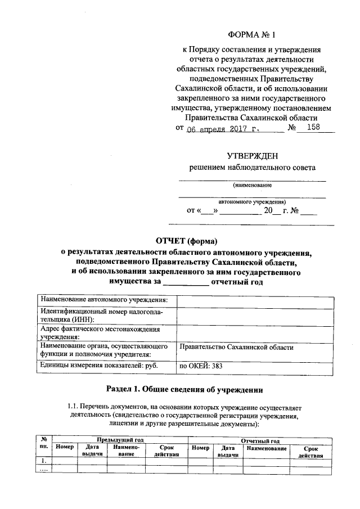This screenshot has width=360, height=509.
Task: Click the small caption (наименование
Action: click(252, 184)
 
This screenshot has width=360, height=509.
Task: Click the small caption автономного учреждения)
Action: click(252, 201)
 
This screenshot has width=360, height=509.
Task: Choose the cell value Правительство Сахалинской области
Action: click(236, 348)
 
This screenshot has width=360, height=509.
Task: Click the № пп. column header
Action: click(43, 444)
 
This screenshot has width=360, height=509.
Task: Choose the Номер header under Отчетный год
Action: click(200, 448)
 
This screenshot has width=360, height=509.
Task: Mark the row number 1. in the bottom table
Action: click(43, 461)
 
